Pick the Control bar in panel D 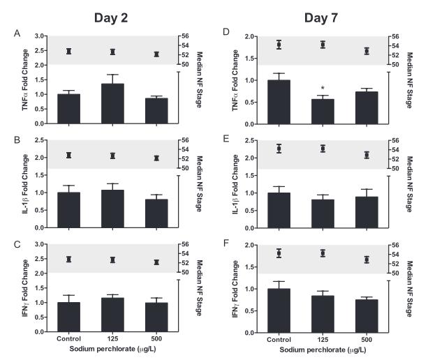click(x=279, y=103)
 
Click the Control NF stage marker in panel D click(x=279, y=45)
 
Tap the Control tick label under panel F click(x=279, y=338)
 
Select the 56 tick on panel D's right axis click(x=394, y=36)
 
